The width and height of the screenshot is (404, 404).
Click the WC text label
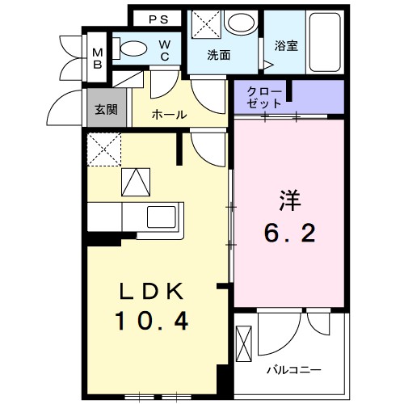click(164, 49)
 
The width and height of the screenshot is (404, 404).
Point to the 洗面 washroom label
click(218, 56)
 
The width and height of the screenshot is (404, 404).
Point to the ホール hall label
click(169, 115)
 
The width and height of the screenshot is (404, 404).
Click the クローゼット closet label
click(265, 98)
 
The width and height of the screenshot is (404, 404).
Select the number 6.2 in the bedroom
click(289, 234)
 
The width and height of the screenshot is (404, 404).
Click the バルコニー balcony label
click(294, 369)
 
